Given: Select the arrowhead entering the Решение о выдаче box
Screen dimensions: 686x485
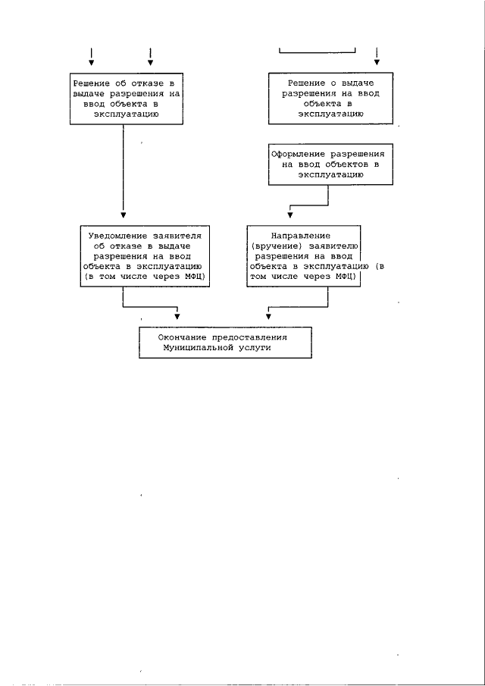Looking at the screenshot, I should tap(377, 62).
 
